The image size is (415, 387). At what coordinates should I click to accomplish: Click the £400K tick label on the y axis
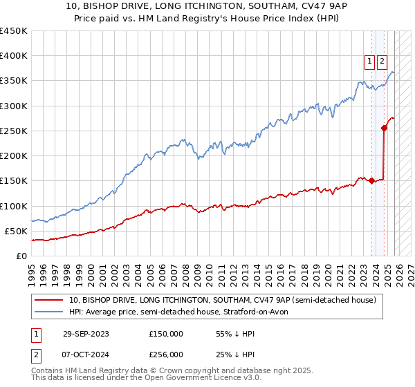tap(14, 56)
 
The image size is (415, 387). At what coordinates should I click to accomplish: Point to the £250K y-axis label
tap(14, 131)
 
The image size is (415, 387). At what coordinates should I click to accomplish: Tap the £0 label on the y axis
tap(21, 256)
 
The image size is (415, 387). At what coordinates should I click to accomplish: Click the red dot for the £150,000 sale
tap(371, 181)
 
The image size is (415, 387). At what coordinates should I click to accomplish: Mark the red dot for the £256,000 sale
tap(384, 128)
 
